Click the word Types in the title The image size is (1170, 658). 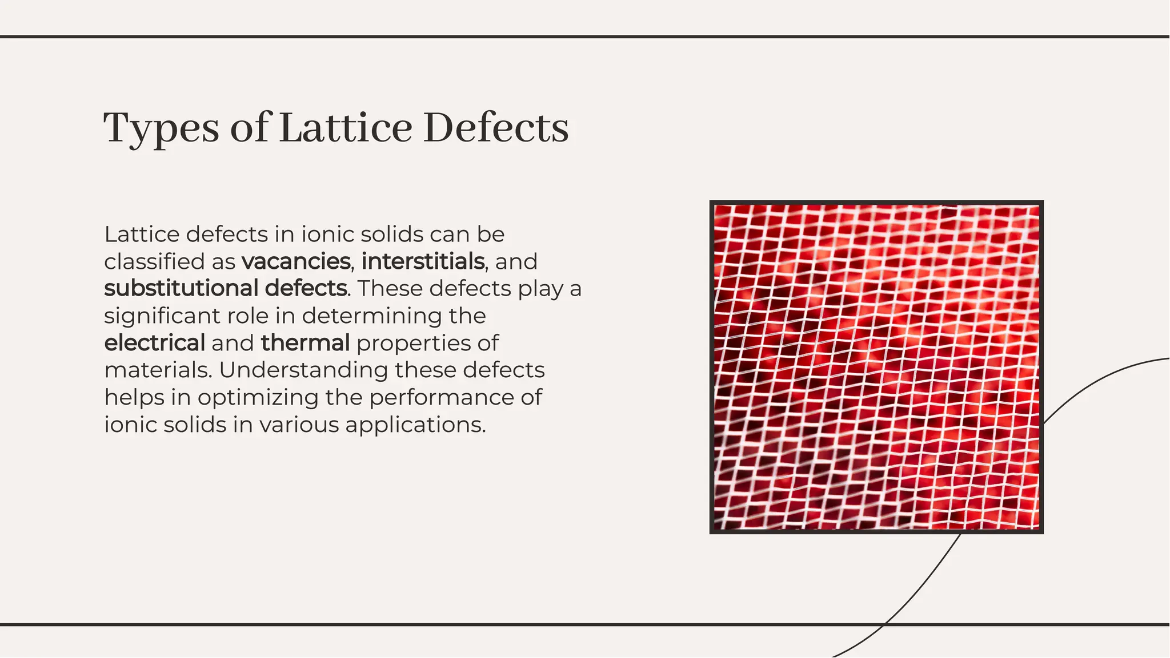pyautogui.click(x=161, y=128)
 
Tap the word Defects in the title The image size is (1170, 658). pyautogui.click(x=496, y=127)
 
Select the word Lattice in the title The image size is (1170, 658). pyautogui.click(x=346, y=127)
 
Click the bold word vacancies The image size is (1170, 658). pyautogui.click(x=296, y=261)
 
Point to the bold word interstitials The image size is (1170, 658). pyautogui.click(x=423, y=261)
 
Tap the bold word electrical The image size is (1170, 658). pyautogui.click(x=154, y=343)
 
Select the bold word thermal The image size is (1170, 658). pyautogui.click(x=305, y=343)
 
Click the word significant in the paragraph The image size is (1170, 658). pyautogui.click(x=162, y=316)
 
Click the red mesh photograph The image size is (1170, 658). pyautogui.click(x=876, y=367)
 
